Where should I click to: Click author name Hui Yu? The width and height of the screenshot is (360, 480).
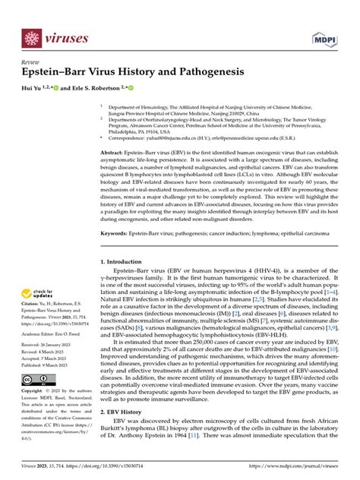[x=33, y=89]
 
